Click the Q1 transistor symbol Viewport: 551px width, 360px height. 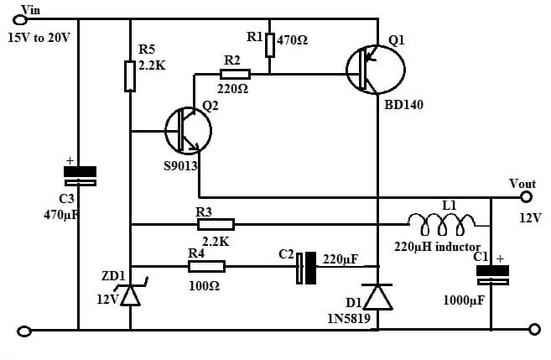tap(374, 70)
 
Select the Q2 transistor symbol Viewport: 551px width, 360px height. tap(188, 130)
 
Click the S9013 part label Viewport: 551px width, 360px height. tap(180, 166)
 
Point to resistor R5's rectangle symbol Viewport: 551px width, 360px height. tap(130, 76)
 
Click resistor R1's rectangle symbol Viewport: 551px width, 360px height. tap(269, 44)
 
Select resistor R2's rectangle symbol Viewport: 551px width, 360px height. tap(231, 75)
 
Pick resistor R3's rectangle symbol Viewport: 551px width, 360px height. tap(215, 224)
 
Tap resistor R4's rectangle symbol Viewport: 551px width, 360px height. tap(206, 266)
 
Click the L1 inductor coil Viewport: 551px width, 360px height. tap(441, 221)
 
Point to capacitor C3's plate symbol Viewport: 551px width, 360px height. tap(80, 175)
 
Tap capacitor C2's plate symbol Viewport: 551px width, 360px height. tap(306, 266)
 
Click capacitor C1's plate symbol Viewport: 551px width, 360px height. tap(492, 275)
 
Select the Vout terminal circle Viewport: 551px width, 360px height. tap(526, 198)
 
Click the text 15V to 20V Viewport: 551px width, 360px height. tap(39, 39)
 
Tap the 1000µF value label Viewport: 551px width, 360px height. tap(464, 301)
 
